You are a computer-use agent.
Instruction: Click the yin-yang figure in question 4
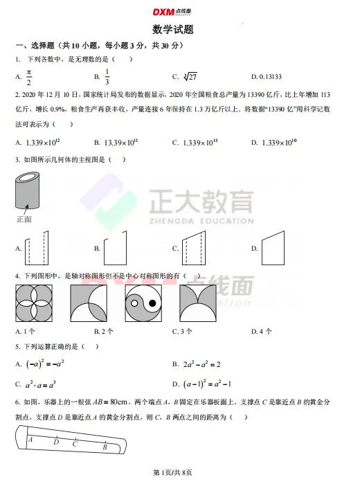(x=143, y=305)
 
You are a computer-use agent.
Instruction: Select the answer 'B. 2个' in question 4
(x=104, y=332)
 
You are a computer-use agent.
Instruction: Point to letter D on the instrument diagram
(x=56, y=442)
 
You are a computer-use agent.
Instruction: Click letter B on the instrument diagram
(x=105, y=447)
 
